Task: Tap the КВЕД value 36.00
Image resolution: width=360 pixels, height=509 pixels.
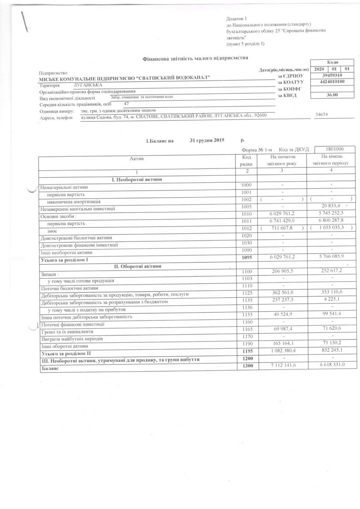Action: (332, 95)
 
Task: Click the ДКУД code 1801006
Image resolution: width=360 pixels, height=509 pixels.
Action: (335, 149)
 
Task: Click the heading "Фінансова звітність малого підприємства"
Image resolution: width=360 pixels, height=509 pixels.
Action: (195, 58)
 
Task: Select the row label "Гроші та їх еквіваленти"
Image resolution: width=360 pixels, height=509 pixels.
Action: (65, 332)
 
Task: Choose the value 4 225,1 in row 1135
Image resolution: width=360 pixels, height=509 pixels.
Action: (331, 302)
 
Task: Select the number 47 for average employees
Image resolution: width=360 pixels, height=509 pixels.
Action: (126, 103)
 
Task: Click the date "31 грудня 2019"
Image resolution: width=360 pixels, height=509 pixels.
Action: (207, 140)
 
